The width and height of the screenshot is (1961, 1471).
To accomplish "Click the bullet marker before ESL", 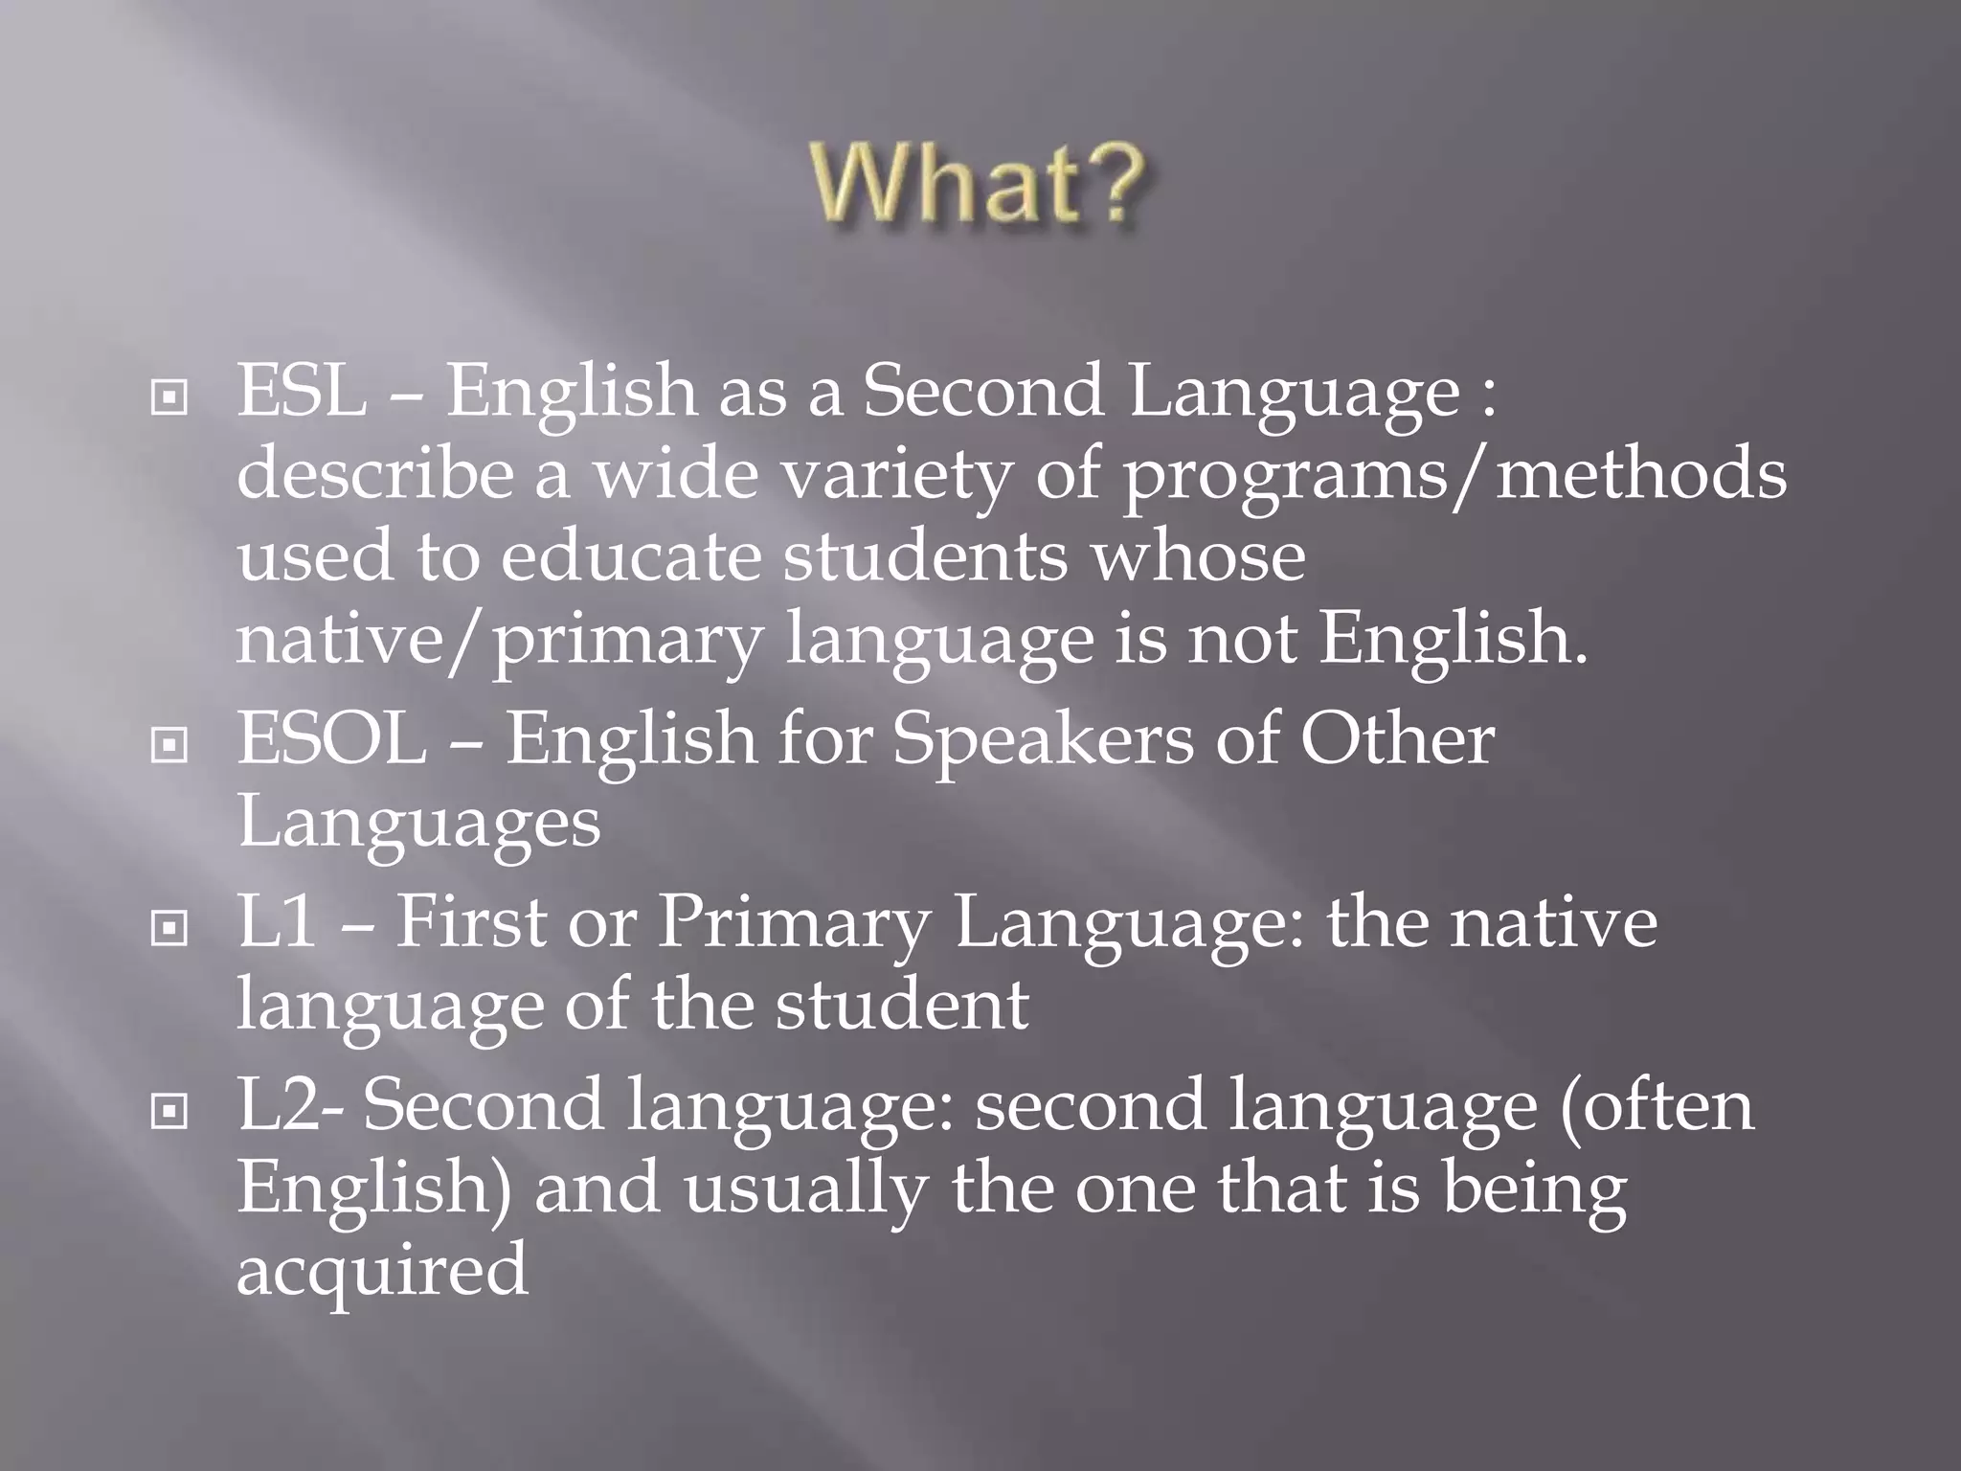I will (169, 397).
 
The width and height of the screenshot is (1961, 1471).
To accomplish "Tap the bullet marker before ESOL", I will (169, 744).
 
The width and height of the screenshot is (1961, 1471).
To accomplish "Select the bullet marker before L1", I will (169, 927).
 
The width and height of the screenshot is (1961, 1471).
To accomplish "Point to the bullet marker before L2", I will (169, 1110).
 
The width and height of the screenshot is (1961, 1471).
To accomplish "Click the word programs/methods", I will (1454, 475).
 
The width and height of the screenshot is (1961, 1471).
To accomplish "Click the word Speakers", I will (1043, 740).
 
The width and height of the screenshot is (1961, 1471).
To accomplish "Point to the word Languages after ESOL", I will (418, 822).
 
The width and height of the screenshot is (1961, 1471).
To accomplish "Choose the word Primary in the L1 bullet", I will (793, 923).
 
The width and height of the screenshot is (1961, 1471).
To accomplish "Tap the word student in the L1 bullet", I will (901, 1005).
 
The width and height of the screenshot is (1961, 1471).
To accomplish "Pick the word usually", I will (804, 1188).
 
